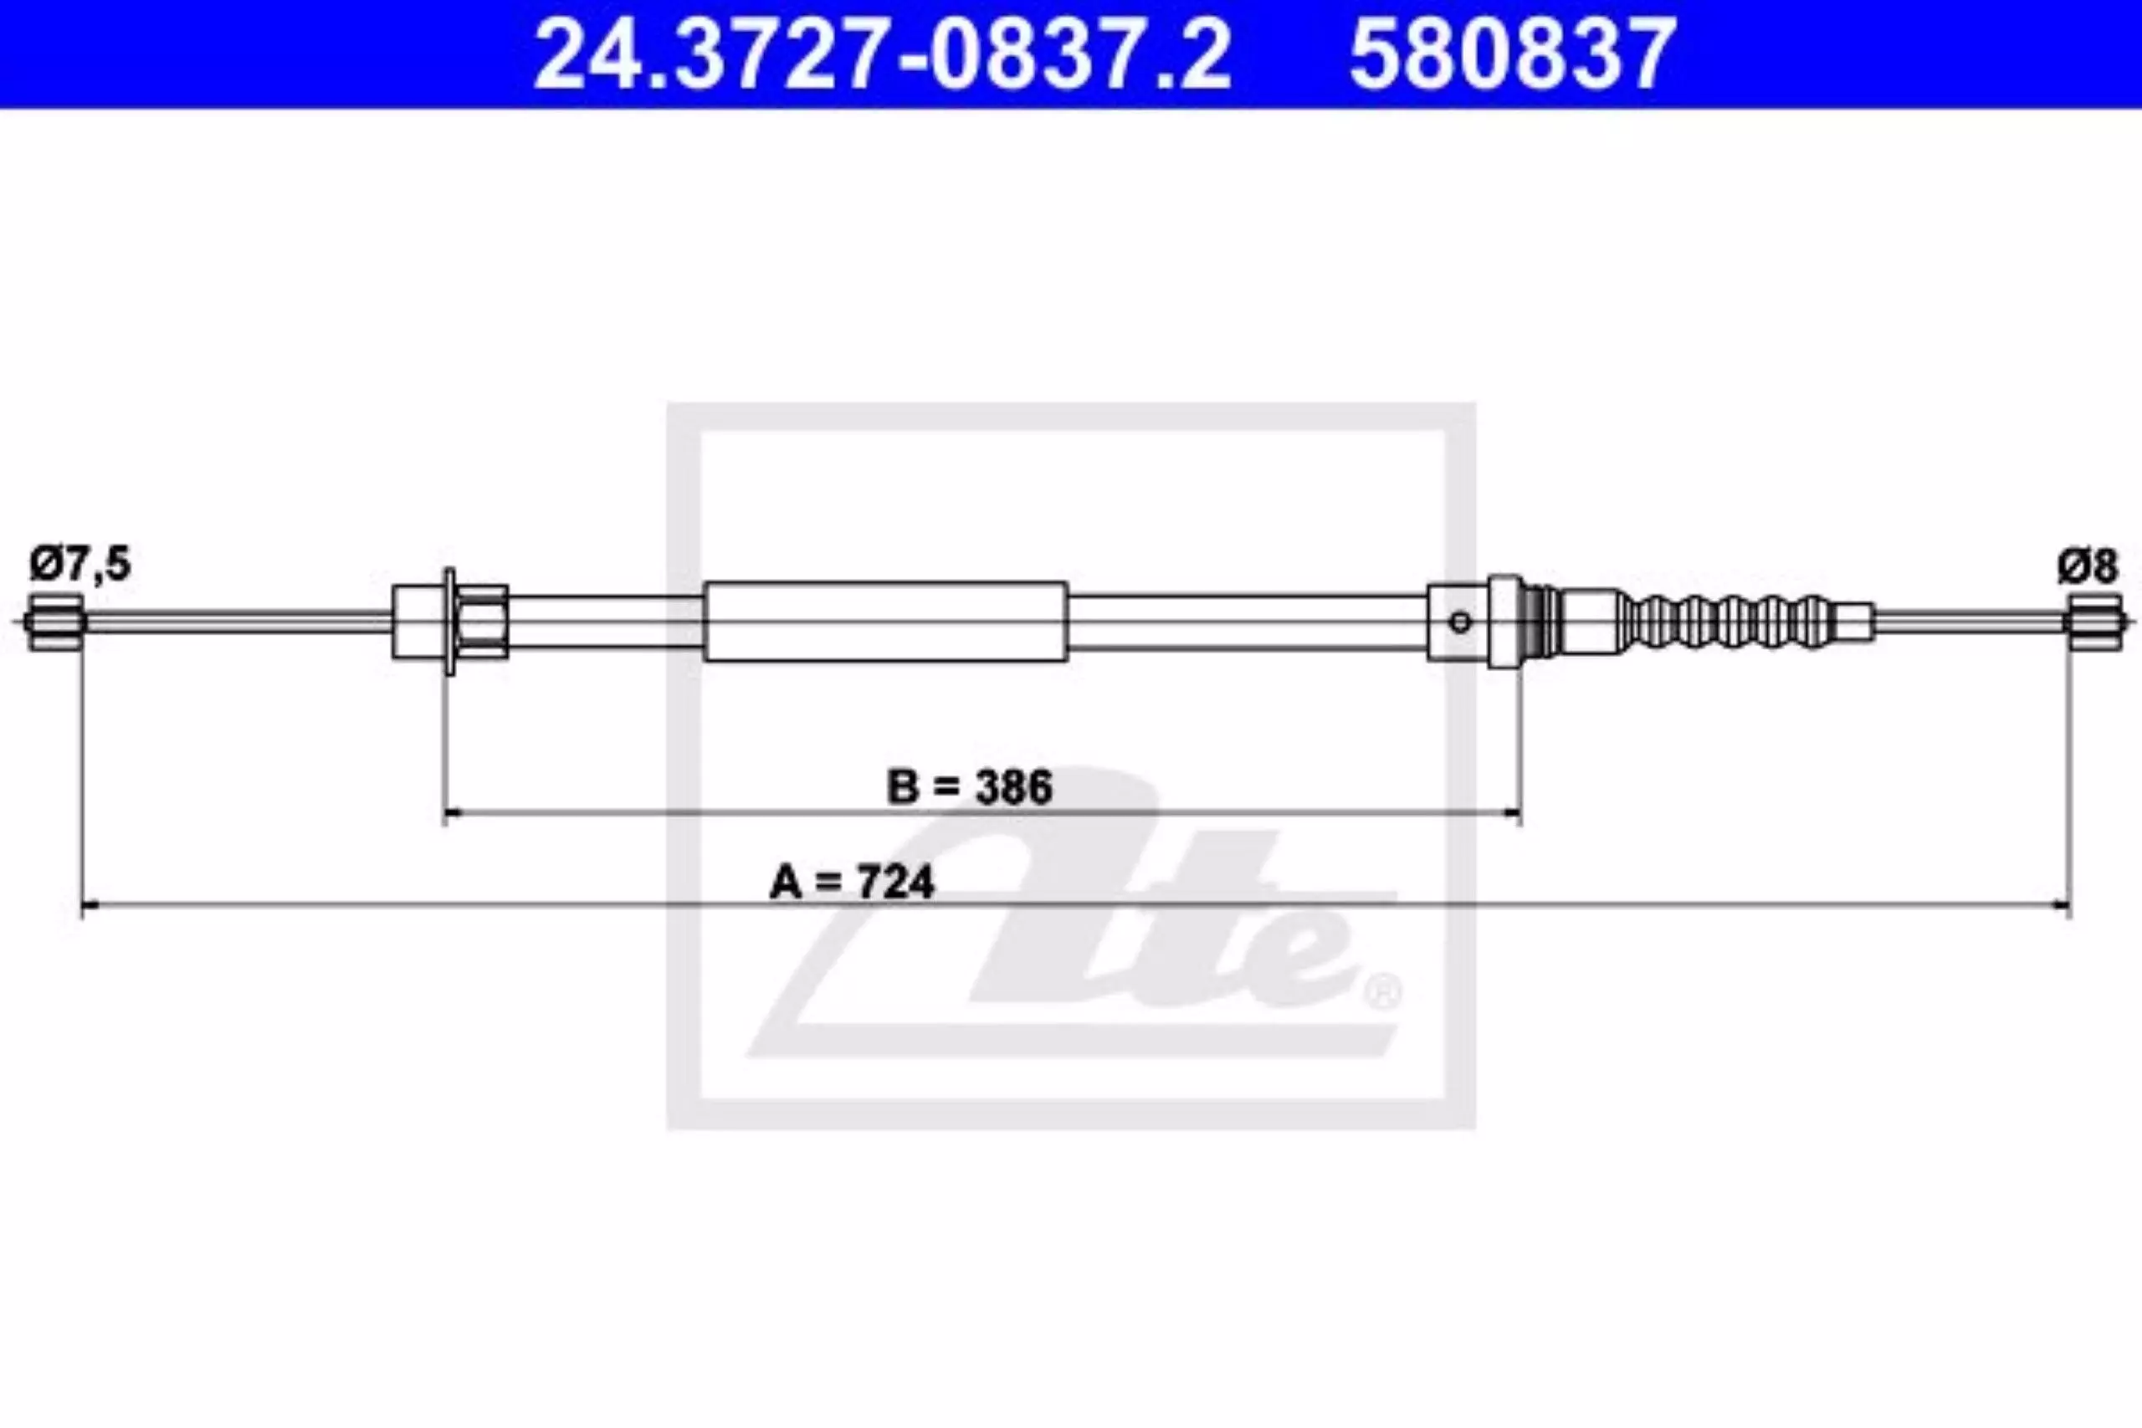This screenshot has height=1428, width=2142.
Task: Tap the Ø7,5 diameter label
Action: (80, 564)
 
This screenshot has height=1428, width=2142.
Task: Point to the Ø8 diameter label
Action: (2088, 566)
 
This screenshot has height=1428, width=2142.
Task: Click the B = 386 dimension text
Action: (969, 786)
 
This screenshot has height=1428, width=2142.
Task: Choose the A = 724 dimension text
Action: (852, 883)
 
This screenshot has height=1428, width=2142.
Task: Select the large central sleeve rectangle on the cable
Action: (885, 621)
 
